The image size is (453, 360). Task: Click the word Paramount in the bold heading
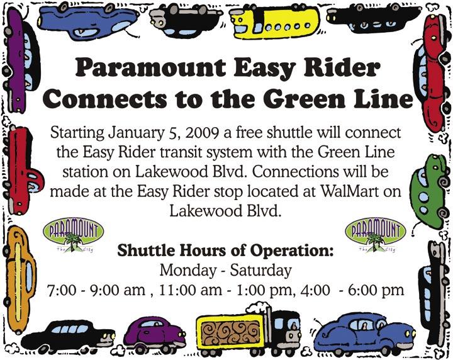[x=150, y=68]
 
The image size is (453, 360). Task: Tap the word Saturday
[x=260, y=271]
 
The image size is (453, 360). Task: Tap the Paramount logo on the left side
[x=73, y=235]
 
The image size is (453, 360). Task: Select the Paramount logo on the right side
[x=376, y=235]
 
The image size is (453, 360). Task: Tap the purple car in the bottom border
[x=155, y=334]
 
